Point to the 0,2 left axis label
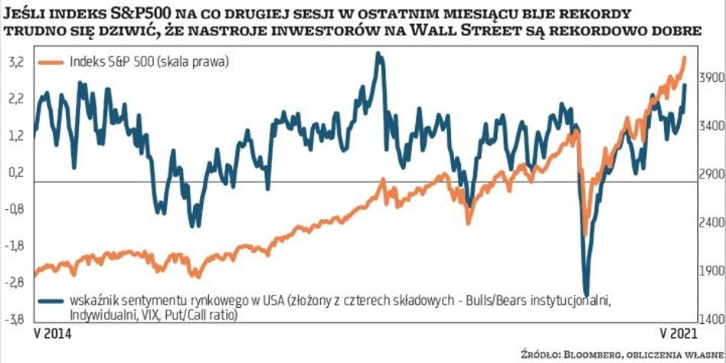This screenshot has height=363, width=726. [15, 174]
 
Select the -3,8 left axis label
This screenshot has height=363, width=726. [15, 318]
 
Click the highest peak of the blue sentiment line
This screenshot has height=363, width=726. [378, 53]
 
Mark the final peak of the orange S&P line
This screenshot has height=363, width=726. [684, 58]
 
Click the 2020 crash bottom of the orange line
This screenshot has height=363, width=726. [584, 234]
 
